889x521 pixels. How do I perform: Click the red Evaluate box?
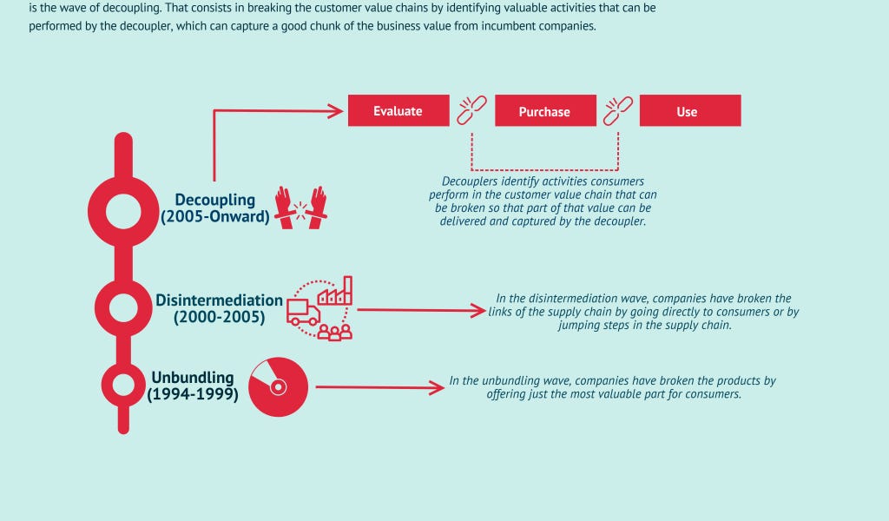pos(398,110)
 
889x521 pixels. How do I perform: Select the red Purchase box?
pos(544,111)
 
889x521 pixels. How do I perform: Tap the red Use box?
pos(689,111)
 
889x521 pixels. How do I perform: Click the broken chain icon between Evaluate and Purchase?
pos(471,109)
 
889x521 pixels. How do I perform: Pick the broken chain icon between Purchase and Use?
pos(617,109)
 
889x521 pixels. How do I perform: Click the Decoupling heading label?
pos(215,199)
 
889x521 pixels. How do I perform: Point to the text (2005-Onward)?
pos(214,216)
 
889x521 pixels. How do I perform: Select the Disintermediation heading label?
pos(219,300)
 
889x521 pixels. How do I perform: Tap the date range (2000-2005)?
pos(219,318)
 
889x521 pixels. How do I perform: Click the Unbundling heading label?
pos(192,378)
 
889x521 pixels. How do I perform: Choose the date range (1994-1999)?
pos(192,395)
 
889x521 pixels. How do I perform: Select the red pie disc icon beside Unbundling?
pos(279,386)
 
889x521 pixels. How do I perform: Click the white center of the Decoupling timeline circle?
pos(123,209)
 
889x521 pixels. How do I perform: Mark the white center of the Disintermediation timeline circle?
pos(123,304)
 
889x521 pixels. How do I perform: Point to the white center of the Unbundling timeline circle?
pos(123,384)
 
